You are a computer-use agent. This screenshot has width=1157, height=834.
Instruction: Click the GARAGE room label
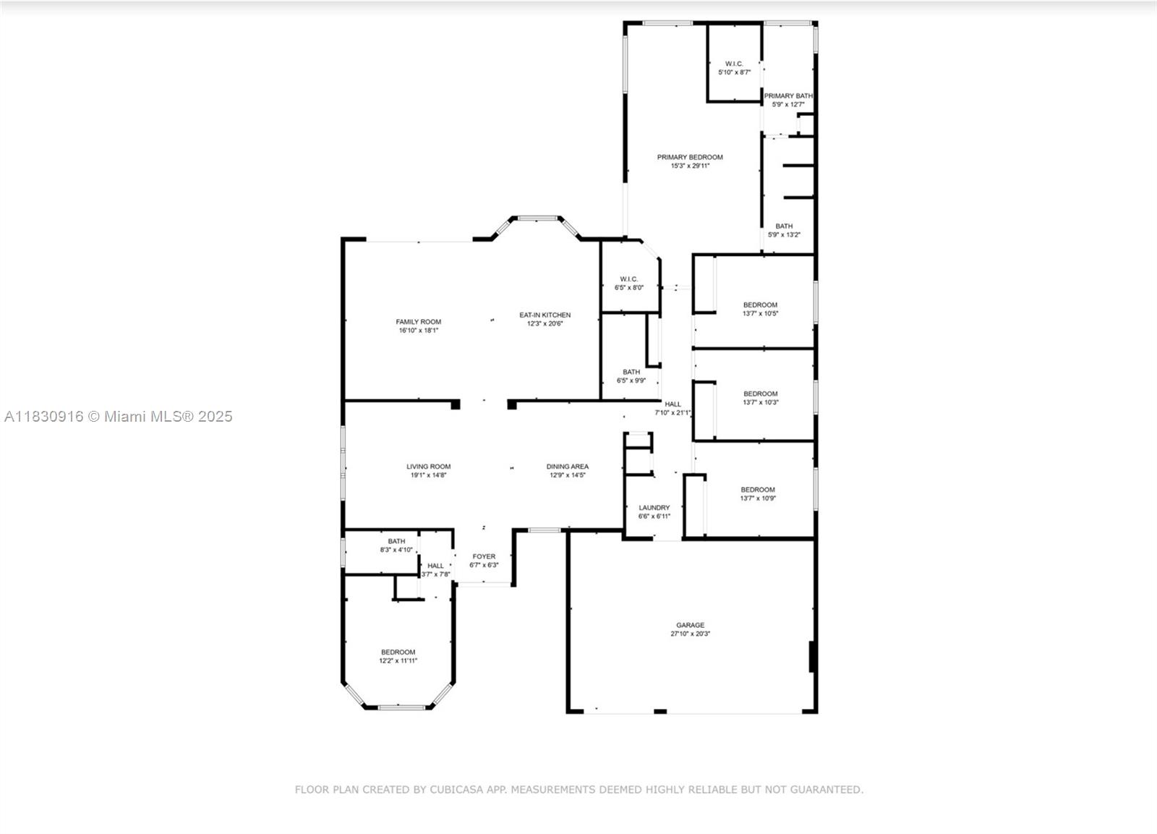point(690,625)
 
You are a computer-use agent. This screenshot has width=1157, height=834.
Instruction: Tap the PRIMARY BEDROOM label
point(690,157)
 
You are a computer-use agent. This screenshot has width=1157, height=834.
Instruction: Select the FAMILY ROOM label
point(418,322)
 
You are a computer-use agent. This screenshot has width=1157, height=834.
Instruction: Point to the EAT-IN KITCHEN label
point(545,315)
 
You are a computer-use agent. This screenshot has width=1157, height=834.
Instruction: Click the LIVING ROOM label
point(428,467)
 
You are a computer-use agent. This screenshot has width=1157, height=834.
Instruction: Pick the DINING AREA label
point(567,467)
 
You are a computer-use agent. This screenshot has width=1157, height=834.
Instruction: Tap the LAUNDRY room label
point(654,508)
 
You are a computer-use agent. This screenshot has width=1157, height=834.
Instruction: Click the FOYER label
point(484,556)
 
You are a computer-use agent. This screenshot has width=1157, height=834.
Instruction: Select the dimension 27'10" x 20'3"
point(690,634)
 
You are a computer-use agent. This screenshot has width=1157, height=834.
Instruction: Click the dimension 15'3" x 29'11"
point(690,166)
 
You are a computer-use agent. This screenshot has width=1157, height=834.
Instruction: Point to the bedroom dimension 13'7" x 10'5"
point(760,314)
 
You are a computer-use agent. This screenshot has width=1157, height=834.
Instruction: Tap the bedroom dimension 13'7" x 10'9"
point(757,498)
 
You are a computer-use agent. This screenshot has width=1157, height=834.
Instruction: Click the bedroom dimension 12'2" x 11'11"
point(398,661)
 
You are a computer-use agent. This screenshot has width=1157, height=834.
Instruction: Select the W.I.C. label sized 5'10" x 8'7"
point(734,64)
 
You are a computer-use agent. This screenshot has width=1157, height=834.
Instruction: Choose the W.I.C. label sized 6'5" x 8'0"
point(628,279)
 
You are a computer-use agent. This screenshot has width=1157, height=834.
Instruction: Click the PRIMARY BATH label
point(788,95)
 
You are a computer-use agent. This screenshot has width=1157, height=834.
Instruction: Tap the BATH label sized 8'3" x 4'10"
point(396,541)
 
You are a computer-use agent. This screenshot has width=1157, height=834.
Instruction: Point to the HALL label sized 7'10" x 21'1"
point(673,404)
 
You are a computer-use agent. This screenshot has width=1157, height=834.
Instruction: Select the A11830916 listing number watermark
point(43,417)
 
